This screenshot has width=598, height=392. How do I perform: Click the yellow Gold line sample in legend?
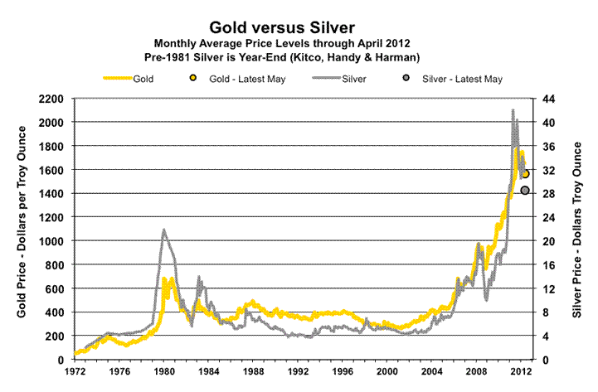click(123, 80)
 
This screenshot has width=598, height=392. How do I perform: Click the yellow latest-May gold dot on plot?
click(525, 174)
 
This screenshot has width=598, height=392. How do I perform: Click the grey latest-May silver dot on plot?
click(525, 191)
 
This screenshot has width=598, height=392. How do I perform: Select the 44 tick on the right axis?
click(548, 99)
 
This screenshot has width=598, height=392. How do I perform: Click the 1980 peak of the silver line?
click(163, 230)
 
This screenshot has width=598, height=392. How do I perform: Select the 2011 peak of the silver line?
click(513, 110)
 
